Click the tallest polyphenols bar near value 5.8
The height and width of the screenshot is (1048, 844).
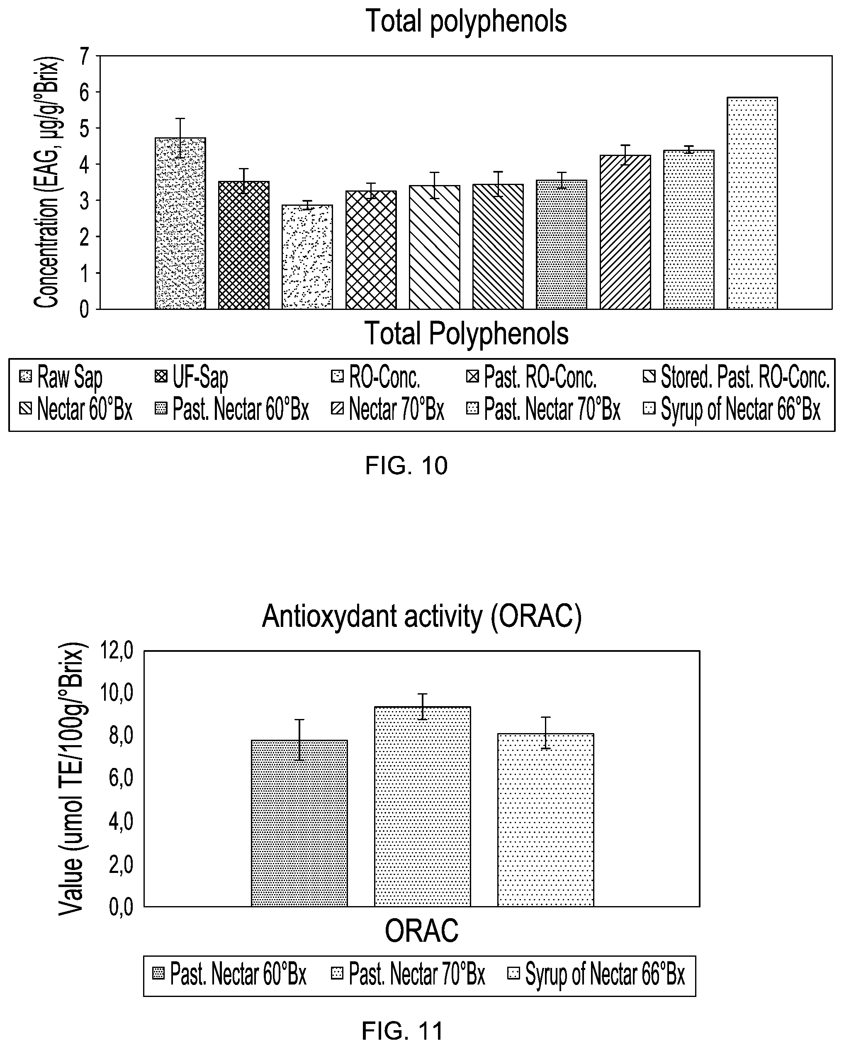[752, 203]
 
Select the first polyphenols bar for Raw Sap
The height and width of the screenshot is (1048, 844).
[180, 224]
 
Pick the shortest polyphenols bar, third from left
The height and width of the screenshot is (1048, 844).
[307, 257]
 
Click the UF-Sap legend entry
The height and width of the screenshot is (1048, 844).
[191, 378]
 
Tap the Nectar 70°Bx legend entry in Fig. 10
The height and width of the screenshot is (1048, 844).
[387, 409]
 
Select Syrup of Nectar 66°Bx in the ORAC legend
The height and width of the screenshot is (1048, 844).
[596, 975]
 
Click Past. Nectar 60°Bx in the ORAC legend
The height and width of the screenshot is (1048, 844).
[229, 975]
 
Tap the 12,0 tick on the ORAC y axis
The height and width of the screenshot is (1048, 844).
[116, 651]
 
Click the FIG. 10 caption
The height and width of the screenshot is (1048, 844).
[406, 466]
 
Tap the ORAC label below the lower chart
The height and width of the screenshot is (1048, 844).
[421, 930]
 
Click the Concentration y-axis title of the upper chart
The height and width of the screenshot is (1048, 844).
[47, 183]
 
